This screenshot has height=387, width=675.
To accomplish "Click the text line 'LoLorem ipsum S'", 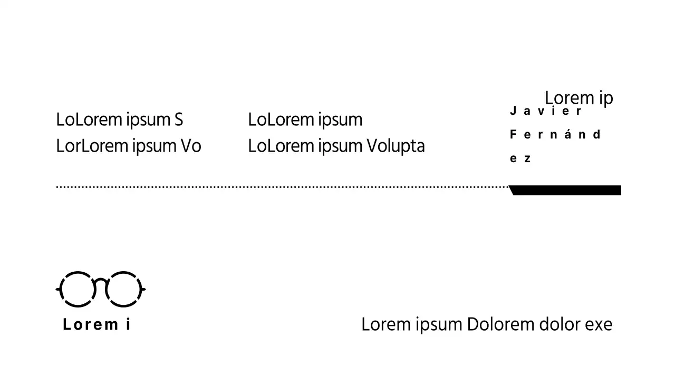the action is [119, 120].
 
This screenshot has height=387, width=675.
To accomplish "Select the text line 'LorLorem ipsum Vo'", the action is [129, 146].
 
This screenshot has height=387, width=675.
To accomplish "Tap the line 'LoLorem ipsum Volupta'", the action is [336, 146].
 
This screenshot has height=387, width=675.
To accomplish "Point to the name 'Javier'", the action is [546, 111].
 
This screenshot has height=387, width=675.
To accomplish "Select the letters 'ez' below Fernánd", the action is [520, 158].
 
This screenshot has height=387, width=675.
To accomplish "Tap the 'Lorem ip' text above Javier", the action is [578, 98].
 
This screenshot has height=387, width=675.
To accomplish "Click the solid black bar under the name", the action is [567, 190].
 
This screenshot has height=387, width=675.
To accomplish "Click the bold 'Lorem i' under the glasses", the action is [97, 324].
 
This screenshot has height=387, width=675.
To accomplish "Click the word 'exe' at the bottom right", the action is [599, 324].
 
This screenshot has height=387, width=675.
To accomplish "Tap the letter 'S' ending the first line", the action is [178, 120].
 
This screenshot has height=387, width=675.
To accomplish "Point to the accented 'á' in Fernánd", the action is [567, 134].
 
